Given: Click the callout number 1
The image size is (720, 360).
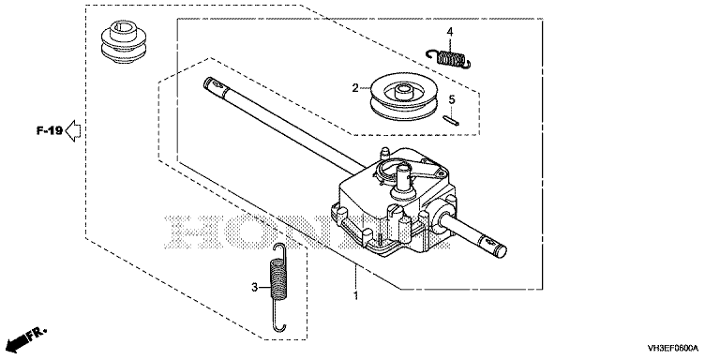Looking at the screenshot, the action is [355, 295].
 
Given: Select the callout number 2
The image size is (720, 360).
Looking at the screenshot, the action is [355, 88].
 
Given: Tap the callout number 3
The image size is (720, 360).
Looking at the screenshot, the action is [254, 288].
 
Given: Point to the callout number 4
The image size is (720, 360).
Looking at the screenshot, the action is [450, 32].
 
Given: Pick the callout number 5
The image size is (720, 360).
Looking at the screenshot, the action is [452, 99].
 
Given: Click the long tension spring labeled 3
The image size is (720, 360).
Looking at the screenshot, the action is [277, 286].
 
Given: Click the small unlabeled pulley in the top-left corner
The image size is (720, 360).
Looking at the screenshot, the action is [124, 41].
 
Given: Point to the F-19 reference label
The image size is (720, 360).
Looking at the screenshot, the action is [50, 131].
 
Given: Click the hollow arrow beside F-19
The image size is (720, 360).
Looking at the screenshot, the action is [73, 131].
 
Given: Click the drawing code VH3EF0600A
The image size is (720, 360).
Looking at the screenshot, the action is [672, 348].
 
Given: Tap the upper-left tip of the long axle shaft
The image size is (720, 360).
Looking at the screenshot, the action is [205, 80].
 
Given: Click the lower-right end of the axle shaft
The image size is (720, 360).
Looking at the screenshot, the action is [502, 251].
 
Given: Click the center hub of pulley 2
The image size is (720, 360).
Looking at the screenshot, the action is [403, 91].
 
